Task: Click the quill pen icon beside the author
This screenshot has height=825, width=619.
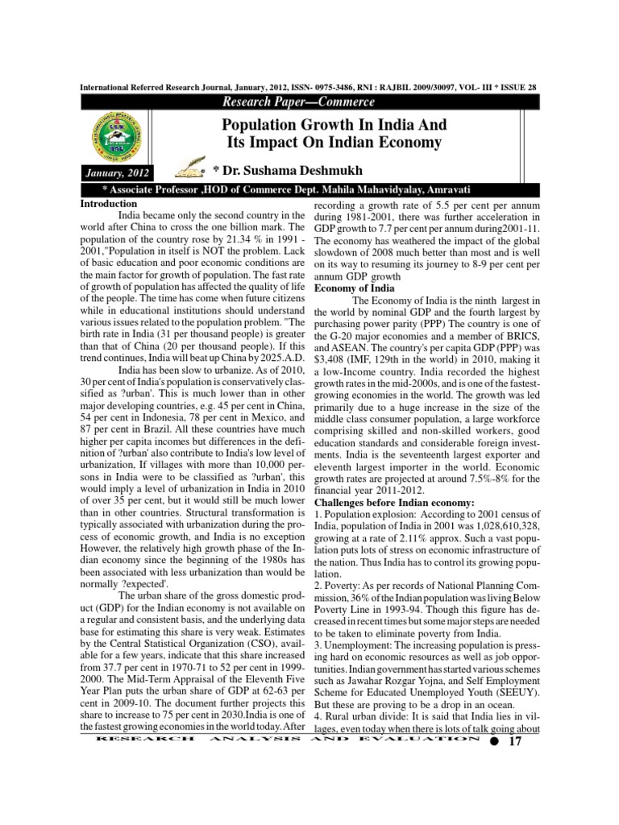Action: [x=191, y=170]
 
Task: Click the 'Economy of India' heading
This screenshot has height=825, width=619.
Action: [x=354, y=288]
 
